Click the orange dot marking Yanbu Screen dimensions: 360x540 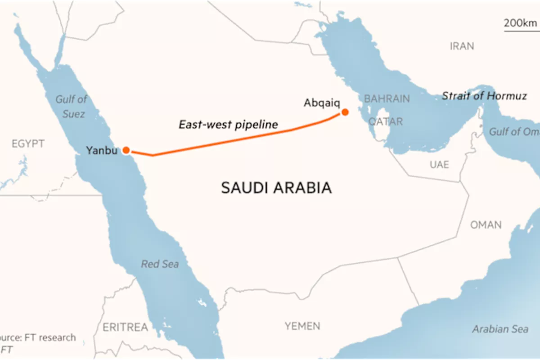pos(126,150)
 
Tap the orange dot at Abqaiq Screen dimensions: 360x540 pos(345,112)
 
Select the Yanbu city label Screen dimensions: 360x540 pos(102,150)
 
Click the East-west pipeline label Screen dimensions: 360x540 pos(228,124)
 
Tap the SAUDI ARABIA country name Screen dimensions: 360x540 pos(276,188)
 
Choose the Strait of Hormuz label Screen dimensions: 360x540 pos(484,96)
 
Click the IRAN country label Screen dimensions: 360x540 pos(462,46)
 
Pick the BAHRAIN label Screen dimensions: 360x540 pos(387,99)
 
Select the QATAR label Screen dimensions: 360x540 pos(386,121)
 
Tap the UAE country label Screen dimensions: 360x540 pos(439,165)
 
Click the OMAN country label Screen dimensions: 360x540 pos(486,225)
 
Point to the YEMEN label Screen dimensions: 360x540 pos(302,326)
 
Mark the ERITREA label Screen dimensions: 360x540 pos(126,327)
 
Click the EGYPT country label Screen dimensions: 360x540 pos(28,144)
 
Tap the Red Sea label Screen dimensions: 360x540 pos(160,264)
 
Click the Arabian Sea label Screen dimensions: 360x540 pos(500,329)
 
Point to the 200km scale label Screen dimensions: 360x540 pos(521,22)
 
